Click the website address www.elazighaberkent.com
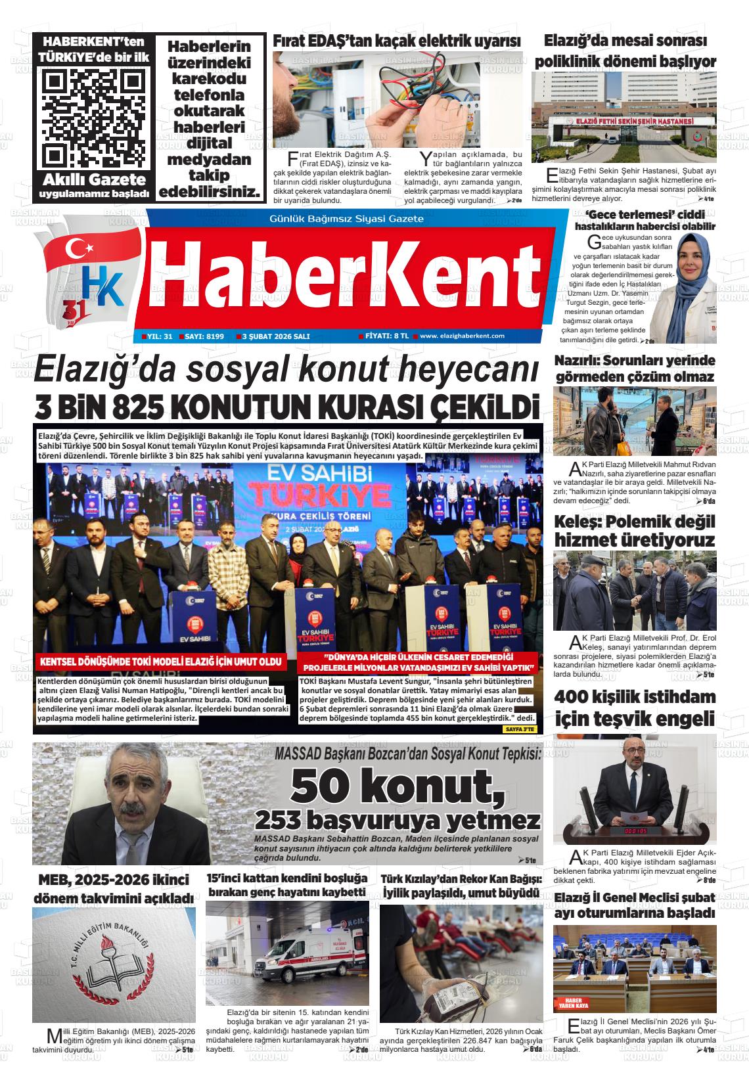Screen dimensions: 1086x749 462,336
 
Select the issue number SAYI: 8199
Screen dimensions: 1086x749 204,336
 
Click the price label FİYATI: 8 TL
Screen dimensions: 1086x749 387,336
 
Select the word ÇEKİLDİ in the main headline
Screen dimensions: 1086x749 485,408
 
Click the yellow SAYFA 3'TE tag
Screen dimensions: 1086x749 520,729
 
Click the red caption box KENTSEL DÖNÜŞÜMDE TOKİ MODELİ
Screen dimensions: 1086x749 160,662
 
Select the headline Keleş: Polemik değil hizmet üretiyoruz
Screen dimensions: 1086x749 635,531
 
